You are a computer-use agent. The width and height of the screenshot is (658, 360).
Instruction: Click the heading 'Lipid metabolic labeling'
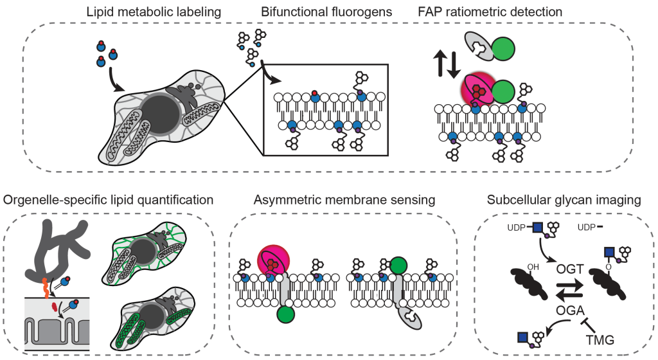tap(155, 12)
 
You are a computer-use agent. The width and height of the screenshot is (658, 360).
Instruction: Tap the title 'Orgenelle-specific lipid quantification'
tap(108, 200)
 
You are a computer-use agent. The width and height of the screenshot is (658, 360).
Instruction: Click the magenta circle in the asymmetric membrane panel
tap(274, 262)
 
